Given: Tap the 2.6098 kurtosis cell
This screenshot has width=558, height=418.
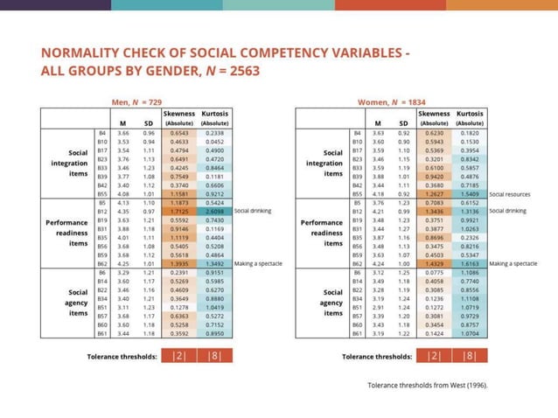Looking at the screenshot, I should [x=213, y=211].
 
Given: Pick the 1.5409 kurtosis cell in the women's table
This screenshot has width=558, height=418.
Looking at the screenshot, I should [x=471, y=194].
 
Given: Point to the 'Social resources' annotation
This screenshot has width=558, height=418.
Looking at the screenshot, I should [x=511, y=194].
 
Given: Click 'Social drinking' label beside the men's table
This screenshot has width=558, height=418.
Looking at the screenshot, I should [x=253, y=211].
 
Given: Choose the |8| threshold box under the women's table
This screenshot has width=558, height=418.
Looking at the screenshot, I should [x=471, y=356].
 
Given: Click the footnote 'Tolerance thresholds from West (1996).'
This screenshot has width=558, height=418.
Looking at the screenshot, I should [x=427, y=384].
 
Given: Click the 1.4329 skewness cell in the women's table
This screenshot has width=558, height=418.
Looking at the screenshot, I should [x=434, y=262].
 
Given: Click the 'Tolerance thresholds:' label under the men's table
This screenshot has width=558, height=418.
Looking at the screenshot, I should [x=122, y=356].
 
